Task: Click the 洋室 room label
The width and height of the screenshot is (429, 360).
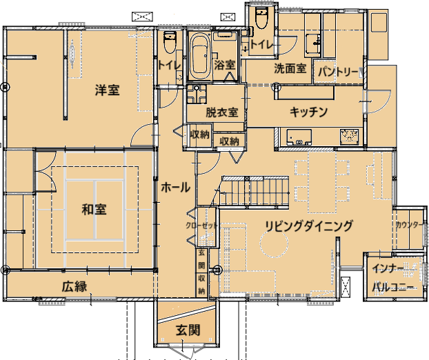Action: tap(108, 90)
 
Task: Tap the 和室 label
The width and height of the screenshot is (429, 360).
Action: tap(94, 210)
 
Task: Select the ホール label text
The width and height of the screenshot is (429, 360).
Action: tap(175, 188)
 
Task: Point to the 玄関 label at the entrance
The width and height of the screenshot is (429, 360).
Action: tap(188, 330)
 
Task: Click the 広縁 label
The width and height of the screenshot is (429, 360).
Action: tap(74, 286)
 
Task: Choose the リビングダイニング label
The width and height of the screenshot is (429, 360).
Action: tap(308, 226)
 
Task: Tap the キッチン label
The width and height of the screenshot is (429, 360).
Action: tap(308, 112)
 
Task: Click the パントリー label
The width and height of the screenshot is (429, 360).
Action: tap(338, 72)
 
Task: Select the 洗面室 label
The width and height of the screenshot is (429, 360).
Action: tap(290, 68)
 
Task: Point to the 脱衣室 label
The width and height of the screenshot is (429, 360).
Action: tap(222, 112)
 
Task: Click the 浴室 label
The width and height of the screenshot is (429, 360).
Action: tap(225, 65)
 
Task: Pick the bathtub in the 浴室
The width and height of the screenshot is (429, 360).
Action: tap(200, 57)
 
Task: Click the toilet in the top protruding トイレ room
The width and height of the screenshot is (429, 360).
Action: tap(261, 17)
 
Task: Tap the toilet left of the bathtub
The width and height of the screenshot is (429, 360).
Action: tap(170, 42)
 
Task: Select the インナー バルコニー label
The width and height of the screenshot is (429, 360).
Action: tap(392, 278)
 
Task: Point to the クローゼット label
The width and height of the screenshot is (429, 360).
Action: tap(201, 226)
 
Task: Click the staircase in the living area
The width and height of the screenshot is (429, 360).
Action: tap(255, 191)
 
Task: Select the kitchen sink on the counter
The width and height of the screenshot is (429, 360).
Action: tap(299, 137)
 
